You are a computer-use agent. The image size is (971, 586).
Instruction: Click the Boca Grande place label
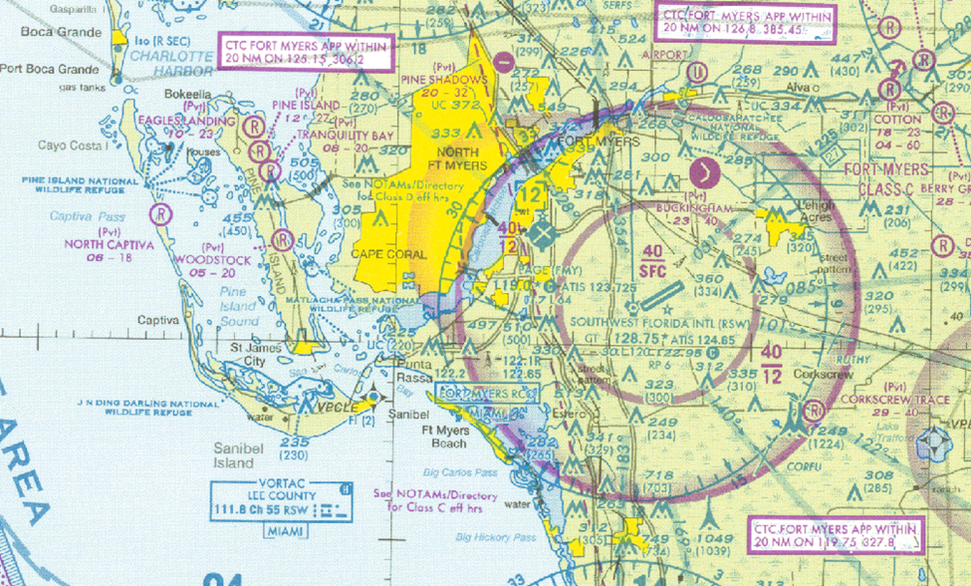(x=61, y=32)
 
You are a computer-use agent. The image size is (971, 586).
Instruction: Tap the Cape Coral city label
(x=388, y=255)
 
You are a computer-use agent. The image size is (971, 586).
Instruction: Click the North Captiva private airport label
(x=109, y=245)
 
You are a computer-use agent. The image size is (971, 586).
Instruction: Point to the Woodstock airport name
(x=212, y=260)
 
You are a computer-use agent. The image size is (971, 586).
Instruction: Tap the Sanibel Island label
(x=234, y=455)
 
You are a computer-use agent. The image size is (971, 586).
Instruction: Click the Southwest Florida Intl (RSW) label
(x=659, y=323)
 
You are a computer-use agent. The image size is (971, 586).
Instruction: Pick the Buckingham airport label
(x=694, y=208)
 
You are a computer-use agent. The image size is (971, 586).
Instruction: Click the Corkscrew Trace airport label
(x=894, y=399)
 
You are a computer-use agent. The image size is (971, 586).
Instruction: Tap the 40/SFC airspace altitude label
(x=652, y=261)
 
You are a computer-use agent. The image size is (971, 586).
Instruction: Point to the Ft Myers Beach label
(x=445, y=436)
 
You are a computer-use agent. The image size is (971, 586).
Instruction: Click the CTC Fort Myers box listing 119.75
(x=835, y=535)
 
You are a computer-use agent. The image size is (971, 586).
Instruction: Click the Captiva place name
(x=158, y=320)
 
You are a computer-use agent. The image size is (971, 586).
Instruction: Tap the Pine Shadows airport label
(x=444, y=79)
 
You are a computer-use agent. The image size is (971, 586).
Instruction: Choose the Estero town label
(x=569, y=414)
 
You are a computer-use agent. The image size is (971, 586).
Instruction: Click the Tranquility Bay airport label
(x=345, y=135)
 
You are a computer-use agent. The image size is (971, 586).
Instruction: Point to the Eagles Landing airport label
(x=187, y=121)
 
